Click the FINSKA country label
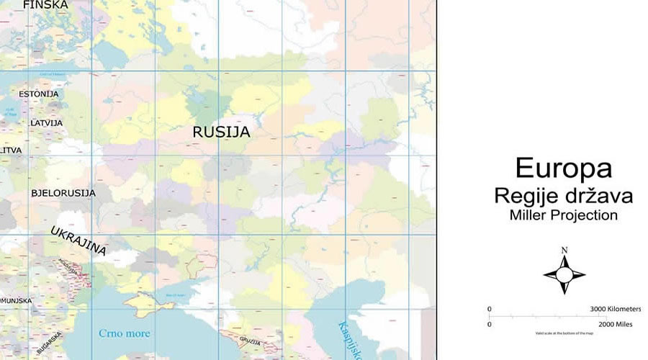45,5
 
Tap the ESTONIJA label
39,94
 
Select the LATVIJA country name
46,123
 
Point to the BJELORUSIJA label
63,193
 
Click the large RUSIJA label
221,132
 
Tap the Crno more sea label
124,333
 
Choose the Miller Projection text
564,215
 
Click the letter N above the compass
564,251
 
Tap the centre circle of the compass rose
564,274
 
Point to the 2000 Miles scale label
613,325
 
